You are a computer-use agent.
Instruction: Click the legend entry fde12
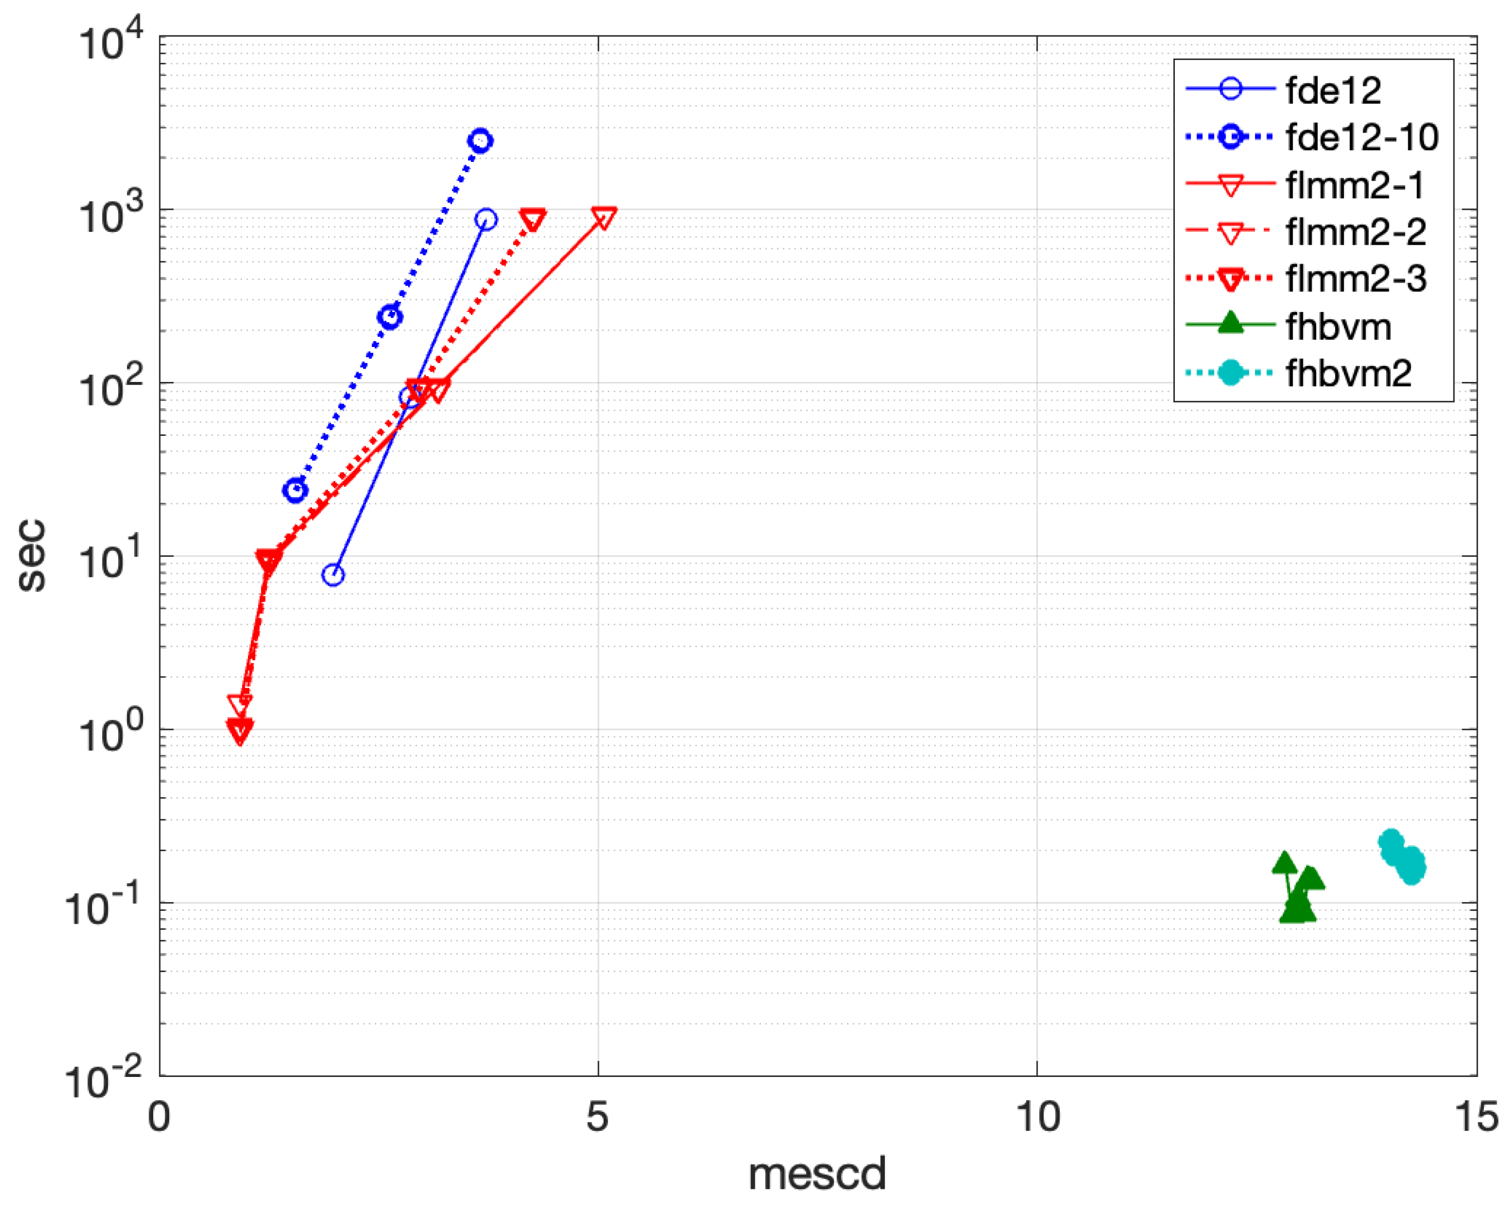point(1333,90)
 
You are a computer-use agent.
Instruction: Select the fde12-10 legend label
point(1361,137)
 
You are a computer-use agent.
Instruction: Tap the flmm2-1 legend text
point(1355,185)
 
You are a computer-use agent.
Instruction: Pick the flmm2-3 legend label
point(1355,279)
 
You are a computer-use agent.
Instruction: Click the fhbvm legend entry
point(1338,326)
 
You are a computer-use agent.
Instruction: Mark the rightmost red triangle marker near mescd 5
point(604,217)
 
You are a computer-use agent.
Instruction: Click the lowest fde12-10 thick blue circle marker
point(296,490)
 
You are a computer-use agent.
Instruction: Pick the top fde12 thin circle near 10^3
point(486,220)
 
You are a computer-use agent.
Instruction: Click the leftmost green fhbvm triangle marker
point(1284,864)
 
